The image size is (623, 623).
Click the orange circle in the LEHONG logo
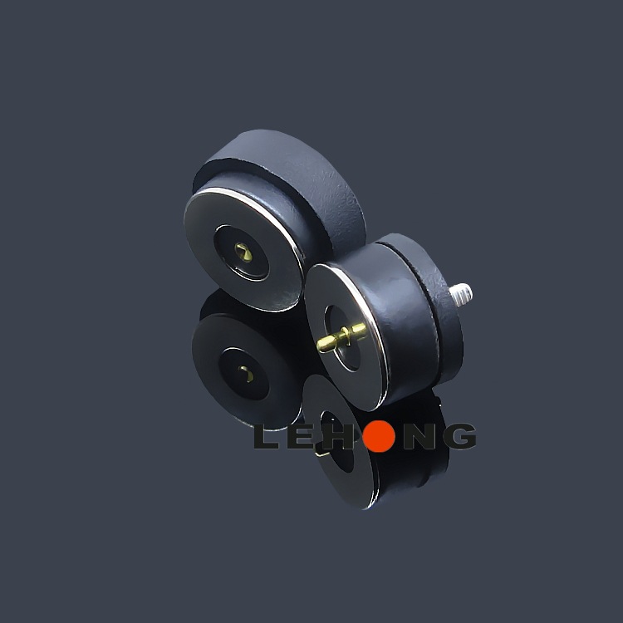tap(379, 436)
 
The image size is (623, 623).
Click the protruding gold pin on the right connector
tap(341, 337)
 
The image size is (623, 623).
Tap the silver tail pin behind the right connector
tap(461, 293)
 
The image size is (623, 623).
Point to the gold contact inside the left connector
tap(243, 251)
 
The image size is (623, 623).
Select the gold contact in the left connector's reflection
tap(246, 374)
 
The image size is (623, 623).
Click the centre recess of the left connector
tap(241, 252)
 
